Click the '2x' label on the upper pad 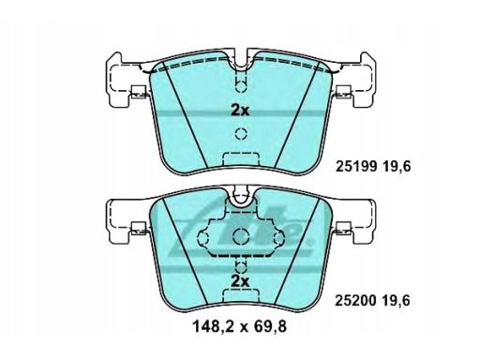pyautogui.click(x=240, y=110)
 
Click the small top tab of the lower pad pyautogui.click(x=240, y=198)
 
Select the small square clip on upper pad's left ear pyautogui.click(x=137, y=93)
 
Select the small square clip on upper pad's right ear pyautogui.click(x=343, y=93)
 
